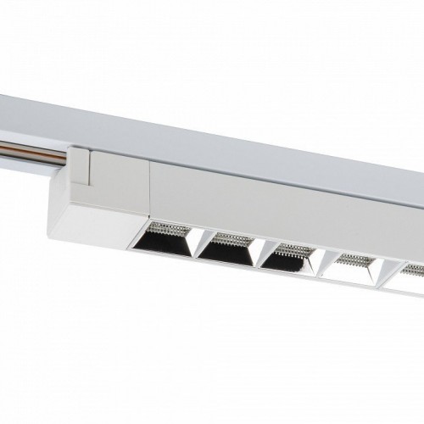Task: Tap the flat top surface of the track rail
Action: tap(212, 127)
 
